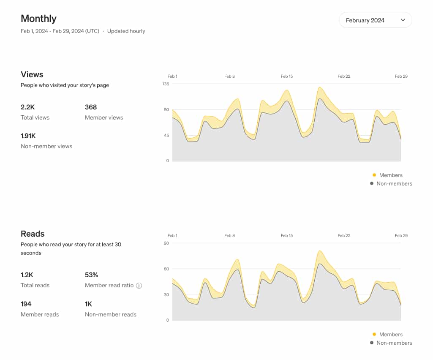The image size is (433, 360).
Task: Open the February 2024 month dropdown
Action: tap(375, 20)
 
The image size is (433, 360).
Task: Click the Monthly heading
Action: tap(38, 19)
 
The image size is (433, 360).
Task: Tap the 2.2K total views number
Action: tap(28, 107)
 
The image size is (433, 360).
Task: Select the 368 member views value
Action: tap(91, 107)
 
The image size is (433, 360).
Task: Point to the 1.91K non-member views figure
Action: tap(28, 136)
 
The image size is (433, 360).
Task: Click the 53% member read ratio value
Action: tap(91, 275)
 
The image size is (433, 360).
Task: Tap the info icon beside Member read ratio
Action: tap(139, 286)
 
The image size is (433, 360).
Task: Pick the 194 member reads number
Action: tap(26, 304)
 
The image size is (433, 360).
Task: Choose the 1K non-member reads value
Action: tap(88, 304)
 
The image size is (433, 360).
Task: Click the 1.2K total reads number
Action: tap(27, 275)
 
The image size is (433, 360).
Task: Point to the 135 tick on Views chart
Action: tap(166, 84)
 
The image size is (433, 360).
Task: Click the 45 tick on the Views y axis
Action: tap(166, 136)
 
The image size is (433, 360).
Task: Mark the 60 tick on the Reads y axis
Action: tap(166, 269)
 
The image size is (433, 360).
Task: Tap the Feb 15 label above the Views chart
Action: tap(287, 76)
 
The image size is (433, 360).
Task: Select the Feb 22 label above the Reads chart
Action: tap(344, 236)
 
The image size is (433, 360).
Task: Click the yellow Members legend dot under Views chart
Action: tap(374, 175)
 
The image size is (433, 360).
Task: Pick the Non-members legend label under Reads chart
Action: tap(394, 343)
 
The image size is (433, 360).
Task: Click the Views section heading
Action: tap(32, 75)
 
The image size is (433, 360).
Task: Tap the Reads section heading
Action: tap(33, 234)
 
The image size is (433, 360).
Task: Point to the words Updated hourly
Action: tap(126, 31)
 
